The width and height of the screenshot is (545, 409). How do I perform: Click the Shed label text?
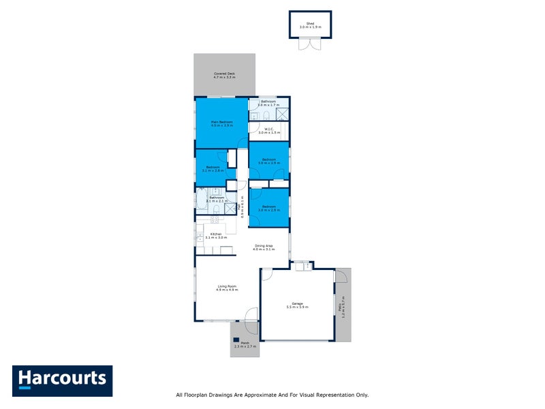[x=310, y=23]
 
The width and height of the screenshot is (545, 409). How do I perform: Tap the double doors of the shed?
[x=310, y=44]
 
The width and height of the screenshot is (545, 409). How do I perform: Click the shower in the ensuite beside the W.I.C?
[x=282, y=115]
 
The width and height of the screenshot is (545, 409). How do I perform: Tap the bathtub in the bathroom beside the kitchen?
[x=202, y=198]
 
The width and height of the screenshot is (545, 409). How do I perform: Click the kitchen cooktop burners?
[x=214, y=219]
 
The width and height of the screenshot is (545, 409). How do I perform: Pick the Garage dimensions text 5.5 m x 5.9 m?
[x=297, y=307]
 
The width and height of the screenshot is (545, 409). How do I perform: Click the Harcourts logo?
[x=62, y=380]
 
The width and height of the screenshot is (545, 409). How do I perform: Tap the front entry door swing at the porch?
[x=251, y=314]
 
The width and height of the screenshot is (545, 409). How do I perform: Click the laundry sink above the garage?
[x=307, y=266]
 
